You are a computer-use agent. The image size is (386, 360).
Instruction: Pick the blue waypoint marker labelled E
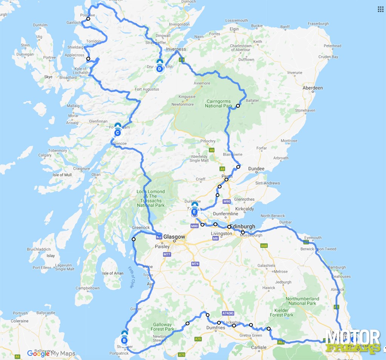tap(195, 212)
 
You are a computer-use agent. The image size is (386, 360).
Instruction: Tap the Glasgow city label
tap(174, 237)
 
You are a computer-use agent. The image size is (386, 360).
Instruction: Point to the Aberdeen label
tap(312, 88)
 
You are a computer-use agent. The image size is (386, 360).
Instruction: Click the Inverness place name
tap(176, 49)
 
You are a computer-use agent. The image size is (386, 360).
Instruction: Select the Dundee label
tap(256, 169)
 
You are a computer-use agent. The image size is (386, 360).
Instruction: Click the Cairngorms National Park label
tap(219, 103)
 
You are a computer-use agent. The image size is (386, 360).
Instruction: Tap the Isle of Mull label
tap(62, 175)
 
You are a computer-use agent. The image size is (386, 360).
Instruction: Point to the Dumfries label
tap(216, 328)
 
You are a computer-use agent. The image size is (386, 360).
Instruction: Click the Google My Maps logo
tap(51, 354)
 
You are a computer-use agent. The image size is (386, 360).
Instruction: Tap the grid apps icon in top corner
tap(380, 9)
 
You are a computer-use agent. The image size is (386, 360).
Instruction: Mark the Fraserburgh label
tap(319, 23)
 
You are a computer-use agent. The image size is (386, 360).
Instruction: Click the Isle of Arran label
tap(113, 273)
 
